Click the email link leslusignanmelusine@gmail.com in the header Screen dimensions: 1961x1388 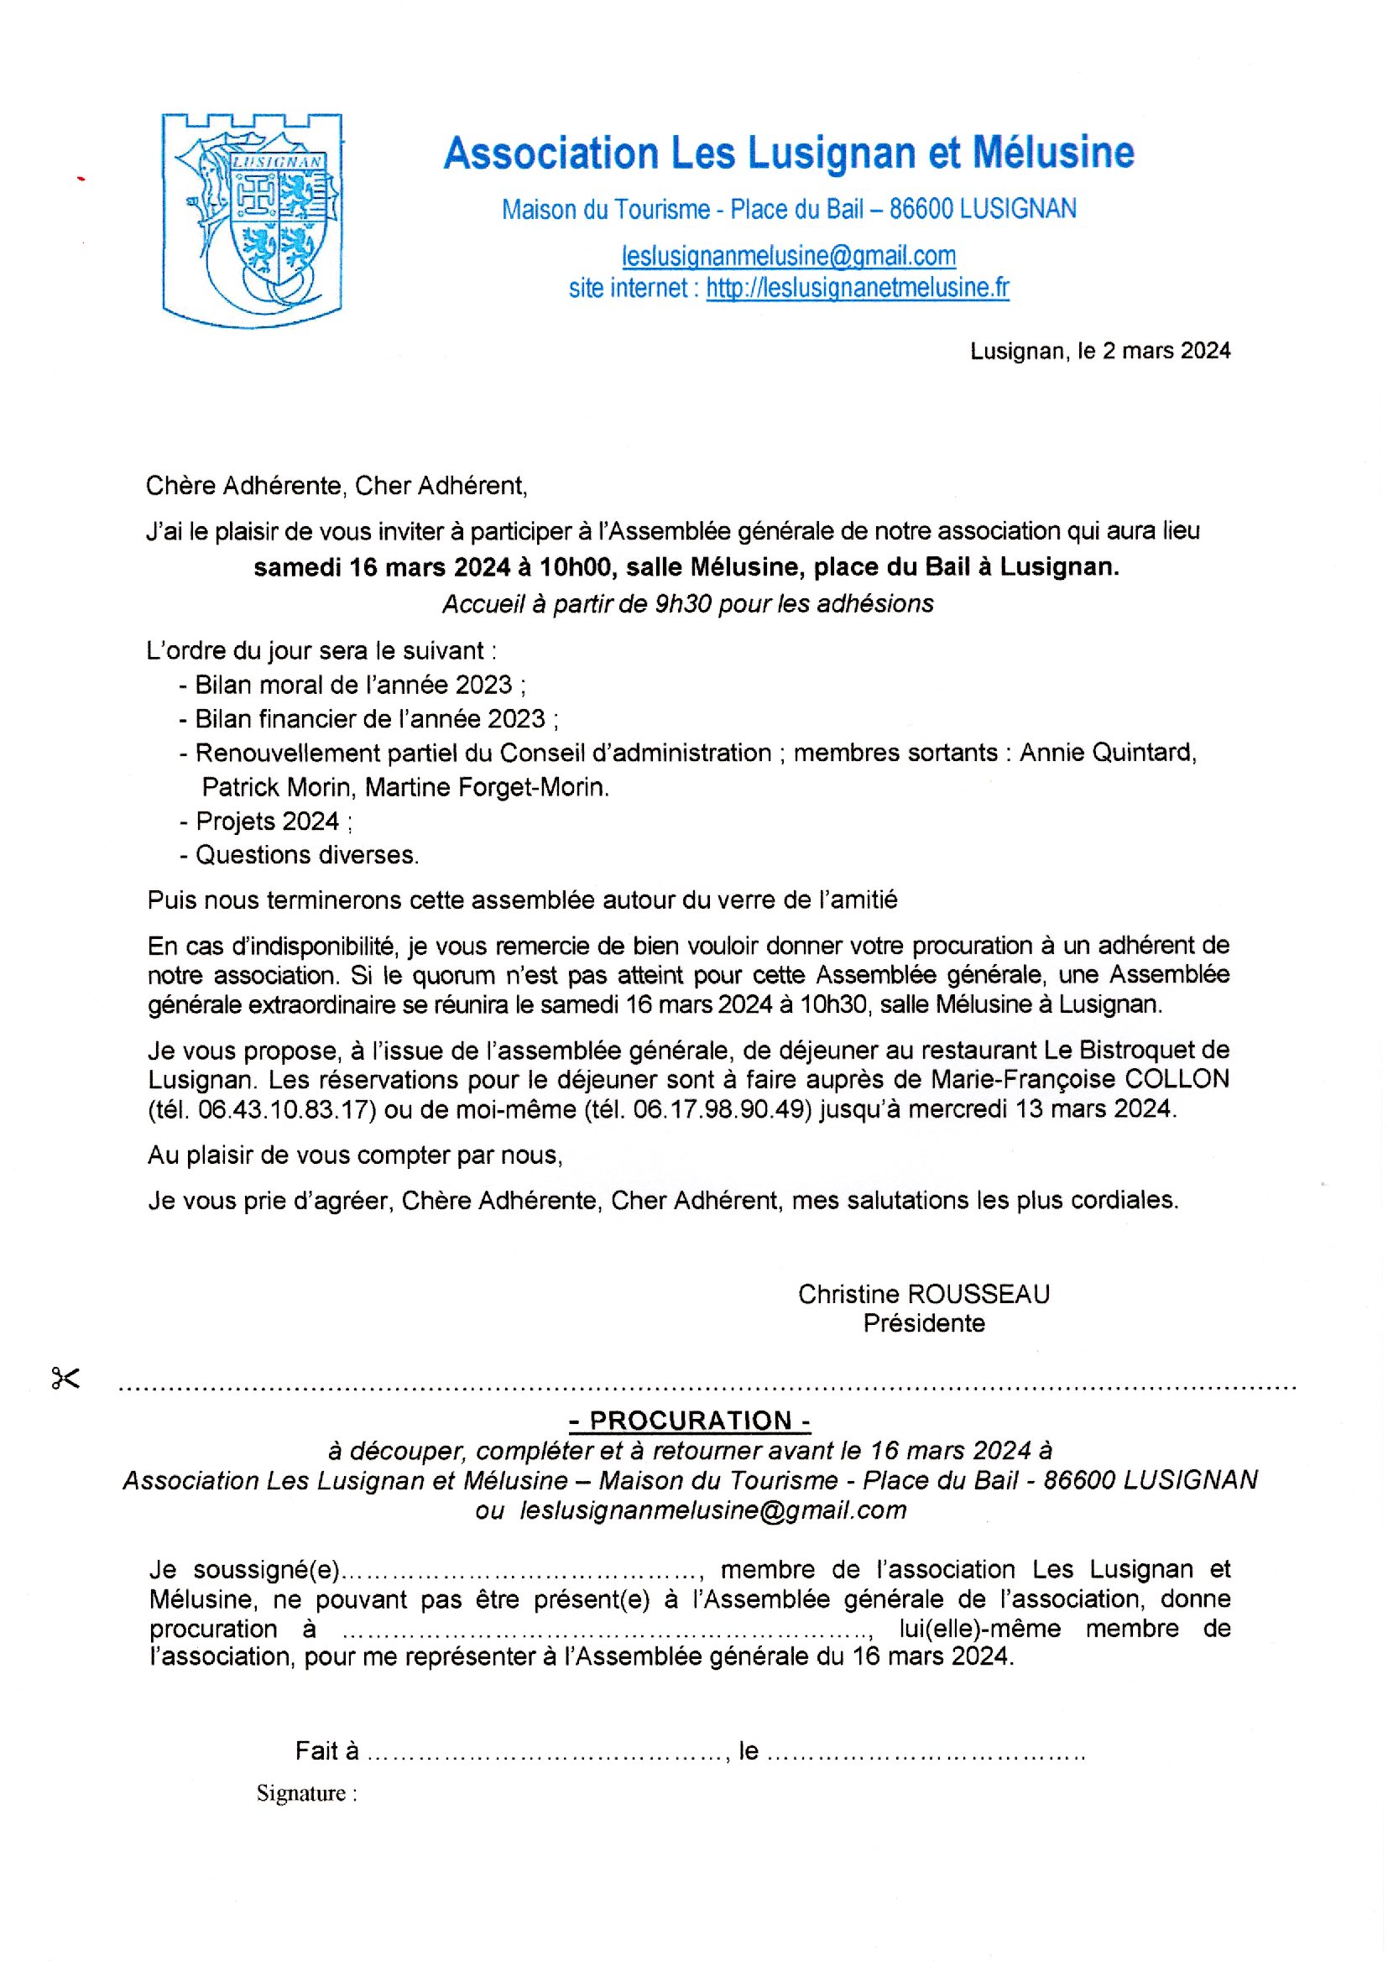point(789,255)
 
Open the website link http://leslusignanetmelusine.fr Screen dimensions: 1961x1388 point(858,288)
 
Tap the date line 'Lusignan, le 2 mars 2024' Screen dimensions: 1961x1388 point(1099,351)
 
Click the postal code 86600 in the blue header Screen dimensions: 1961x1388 point(921,209)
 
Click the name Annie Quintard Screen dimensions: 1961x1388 point(1108,753)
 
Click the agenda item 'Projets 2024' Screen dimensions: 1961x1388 point(268,821)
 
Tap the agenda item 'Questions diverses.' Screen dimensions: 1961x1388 point(307,855)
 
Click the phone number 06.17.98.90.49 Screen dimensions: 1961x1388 point(723,1109)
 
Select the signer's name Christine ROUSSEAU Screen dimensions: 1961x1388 point(923,1294)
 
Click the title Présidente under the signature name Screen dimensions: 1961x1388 point(923,1322)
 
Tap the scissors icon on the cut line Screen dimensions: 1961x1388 point(65,1379)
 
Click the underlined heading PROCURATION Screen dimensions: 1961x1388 point(690,1420)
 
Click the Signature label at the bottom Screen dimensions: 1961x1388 point(301,1793)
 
